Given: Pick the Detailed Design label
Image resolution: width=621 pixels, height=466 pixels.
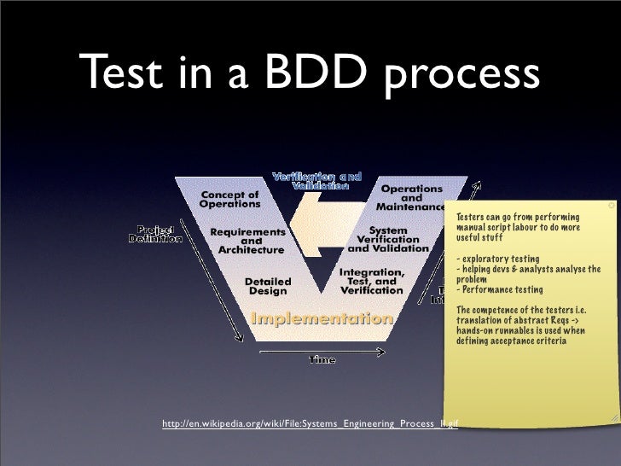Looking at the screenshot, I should [x=268, y=285].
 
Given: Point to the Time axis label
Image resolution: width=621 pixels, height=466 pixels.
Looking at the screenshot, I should [x=322, y=360].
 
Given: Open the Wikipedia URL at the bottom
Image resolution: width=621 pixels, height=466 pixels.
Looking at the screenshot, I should [x=310, y=422].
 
